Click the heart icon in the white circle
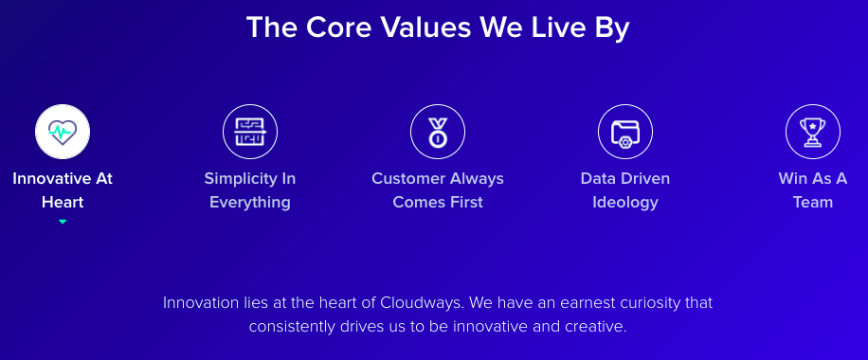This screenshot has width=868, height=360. point(63,132)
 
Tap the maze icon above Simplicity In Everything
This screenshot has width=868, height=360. point(250,132)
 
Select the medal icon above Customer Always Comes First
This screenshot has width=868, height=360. point(438,133)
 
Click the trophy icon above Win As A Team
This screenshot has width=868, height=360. point(813,133)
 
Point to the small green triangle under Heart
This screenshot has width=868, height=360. point(63,222)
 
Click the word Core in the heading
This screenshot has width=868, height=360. point(338,27)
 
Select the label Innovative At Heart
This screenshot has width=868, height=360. point(63,190)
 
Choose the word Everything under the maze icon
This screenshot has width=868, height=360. point(250,203)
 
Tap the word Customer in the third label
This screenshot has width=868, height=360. point(404,179)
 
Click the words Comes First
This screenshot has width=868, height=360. point(438,202)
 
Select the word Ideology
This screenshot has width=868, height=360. point(625,203)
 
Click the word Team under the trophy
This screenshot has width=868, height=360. point(813,202)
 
